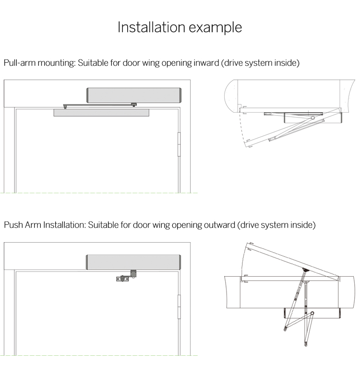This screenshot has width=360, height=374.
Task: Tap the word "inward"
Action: [x=203, y=63]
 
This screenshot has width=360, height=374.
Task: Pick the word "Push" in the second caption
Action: [x=12, y=224]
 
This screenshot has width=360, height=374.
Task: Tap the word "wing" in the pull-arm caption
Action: [x=150, y=63]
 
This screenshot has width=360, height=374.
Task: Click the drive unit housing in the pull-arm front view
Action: [x=132, y=95]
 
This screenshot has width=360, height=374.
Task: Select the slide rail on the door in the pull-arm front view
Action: [x=101, y=113]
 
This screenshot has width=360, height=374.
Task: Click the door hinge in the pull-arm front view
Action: [x=180, y=144]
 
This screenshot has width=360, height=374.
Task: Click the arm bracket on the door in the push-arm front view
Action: [x=123, y=278]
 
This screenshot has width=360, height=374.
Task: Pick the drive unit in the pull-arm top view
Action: [x=312, y=116]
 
